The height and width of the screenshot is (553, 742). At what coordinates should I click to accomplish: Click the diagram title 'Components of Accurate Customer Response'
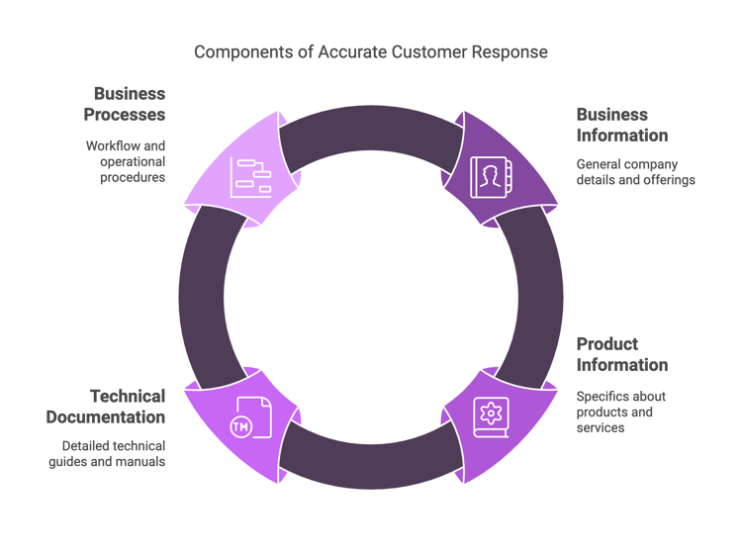371,52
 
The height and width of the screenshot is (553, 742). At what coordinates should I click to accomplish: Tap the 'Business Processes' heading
125,104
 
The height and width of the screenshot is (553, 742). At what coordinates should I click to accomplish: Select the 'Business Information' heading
622,125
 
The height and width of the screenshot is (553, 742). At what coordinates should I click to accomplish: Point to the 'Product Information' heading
622,354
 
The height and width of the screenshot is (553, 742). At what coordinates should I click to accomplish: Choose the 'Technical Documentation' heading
106,407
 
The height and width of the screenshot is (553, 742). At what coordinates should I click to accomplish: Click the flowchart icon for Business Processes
251,177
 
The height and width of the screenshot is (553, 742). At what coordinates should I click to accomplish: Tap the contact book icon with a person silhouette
491,177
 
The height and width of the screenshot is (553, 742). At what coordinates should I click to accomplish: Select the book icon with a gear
491,417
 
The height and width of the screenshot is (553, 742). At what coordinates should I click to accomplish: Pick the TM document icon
251,417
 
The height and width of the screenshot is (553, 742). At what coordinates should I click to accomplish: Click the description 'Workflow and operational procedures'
126,161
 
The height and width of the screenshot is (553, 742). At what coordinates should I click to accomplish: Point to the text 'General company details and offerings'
635,172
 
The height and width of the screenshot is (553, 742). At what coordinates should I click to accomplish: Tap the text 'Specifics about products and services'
621,412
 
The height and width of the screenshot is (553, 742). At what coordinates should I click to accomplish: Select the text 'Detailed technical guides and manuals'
107,454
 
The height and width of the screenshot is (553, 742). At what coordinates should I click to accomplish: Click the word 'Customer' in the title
429,52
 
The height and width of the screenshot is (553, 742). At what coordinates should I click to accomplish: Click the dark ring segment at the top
371,128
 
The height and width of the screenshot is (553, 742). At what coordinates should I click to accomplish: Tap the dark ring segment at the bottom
371,466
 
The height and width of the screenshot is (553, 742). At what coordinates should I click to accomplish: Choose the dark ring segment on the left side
202,297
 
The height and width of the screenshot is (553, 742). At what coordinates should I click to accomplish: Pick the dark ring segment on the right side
540,297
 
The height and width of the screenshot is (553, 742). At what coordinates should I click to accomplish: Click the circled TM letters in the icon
240,427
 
